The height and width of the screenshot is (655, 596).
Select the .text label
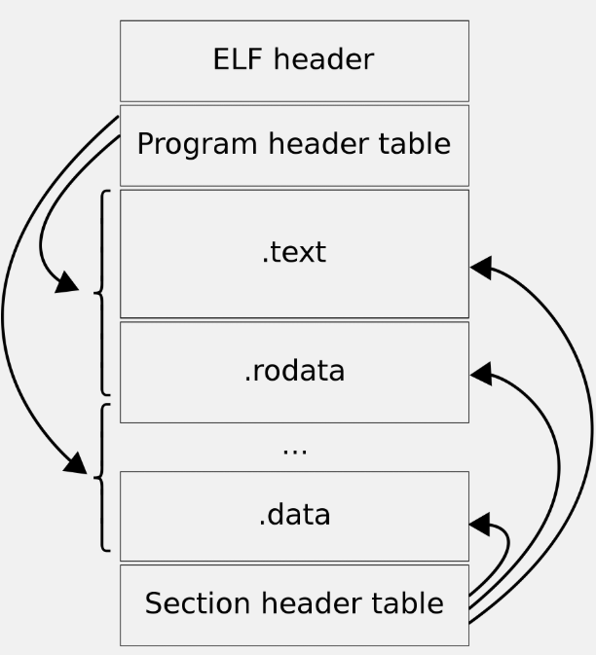coord(294,252)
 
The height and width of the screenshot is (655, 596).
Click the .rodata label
coord(294,371)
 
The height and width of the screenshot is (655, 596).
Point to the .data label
coord(294,514)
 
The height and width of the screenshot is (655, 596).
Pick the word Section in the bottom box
coord(198,602)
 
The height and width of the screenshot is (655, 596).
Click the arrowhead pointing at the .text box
coord(481,268)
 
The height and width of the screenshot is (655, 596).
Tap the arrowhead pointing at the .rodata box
coord(481,374)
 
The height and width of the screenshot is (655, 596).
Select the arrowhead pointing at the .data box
coord(479,524)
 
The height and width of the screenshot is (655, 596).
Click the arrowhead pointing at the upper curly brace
coord(67,283)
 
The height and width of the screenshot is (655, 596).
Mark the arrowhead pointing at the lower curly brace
coord(76,463)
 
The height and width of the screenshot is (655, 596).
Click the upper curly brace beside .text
coord(102,292)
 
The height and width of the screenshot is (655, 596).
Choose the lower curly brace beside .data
coord(102,477)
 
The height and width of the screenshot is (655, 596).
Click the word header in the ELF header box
coord(324,59)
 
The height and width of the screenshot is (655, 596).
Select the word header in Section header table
coord(311,602)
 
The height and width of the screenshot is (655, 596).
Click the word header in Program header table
coord(317,143)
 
